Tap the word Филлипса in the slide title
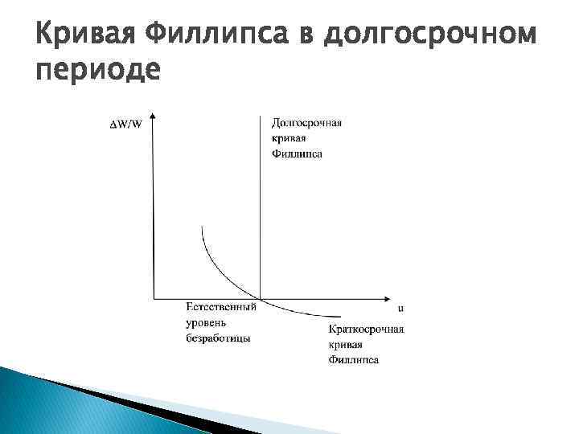pyautogui.click(x=212, y=35)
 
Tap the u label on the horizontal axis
pyautogui.click(x=400, y=308)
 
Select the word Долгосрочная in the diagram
pyautogui.click(x=306, y=123)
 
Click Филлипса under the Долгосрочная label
pyautogui.click(x=297, y=153)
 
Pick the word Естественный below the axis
pyautogui.click(x=220, y=307)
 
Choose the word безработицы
pyautogui.click(x=218, y=338)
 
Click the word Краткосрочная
pyautogui.click(x=367, y=330)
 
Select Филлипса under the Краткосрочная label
pyautogui.click(x=354, y=359)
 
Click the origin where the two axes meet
pyautogui.click(x=153, y=298)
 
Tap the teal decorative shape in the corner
pyautogui.click(x=48, y=406)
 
